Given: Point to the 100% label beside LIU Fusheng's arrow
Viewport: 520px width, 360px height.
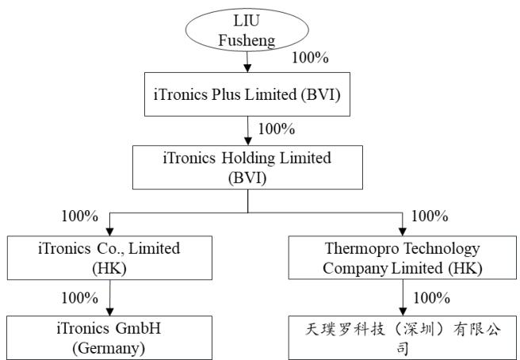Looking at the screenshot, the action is coord(310,58).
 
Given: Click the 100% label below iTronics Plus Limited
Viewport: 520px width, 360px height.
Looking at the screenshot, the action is coord(276,128).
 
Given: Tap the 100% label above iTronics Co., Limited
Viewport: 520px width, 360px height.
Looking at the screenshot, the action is coord(79,216).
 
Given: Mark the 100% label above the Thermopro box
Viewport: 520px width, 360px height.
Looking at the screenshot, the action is coord(430,216).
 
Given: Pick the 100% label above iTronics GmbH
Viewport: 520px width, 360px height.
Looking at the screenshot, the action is coord(79,297).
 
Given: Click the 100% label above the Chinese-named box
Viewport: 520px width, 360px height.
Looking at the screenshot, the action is coord(431,297).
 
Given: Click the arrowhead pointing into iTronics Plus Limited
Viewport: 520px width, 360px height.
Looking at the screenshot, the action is coord(247,68).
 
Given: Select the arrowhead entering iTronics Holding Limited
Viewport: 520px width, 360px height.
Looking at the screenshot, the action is coord(248,141).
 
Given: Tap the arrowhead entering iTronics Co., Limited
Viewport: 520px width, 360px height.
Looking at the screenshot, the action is coord(109,232).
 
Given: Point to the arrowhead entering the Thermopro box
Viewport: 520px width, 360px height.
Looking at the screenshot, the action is coord(403,232).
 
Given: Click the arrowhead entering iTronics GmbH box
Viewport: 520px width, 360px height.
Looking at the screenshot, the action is coord(109,312).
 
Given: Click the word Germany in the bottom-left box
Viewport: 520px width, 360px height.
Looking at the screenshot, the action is coord(109,348).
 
